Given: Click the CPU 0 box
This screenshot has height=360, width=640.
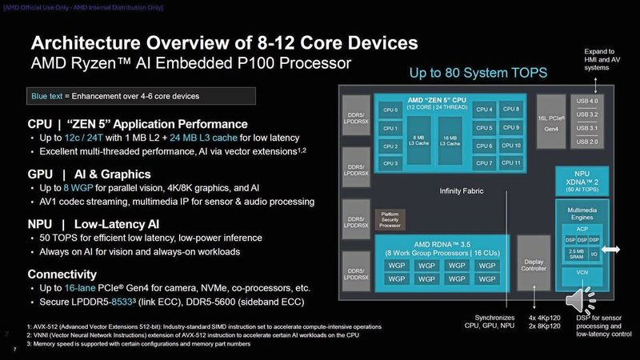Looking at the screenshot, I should pos(391,110).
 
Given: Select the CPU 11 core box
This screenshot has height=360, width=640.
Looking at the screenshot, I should pos(512,163).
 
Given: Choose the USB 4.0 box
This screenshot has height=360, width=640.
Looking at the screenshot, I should pos(586,101).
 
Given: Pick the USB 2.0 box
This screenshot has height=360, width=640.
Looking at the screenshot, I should pos(586,142).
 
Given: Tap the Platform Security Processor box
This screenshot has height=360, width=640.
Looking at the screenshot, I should pos(390,219).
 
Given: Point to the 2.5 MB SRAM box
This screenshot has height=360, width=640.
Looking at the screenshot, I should pos(577,254).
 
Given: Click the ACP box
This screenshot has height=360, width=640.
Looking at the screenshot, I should pos(582,229).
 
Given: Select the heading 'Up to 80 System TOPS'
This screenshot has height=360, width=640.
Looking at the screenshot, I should pos(478,74).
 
